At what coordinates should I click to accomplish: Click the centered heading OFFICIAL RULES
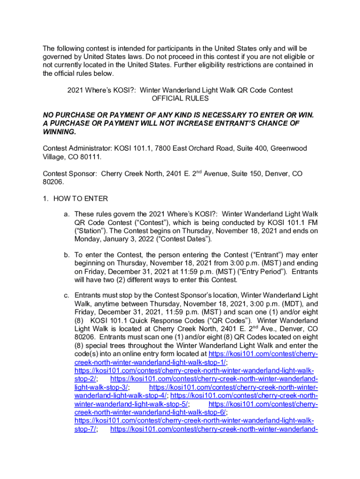click(x=180, y=99)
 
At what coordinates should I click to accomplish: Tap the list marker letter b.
click(x=67, y=255)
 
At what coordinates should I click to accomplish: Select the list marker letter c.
click(x=67, y=296)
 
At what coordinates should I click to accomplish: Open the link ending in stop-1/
click(x=150, y=363)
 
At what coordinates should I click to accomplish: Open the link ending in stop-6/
click(x=150, y=412)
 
